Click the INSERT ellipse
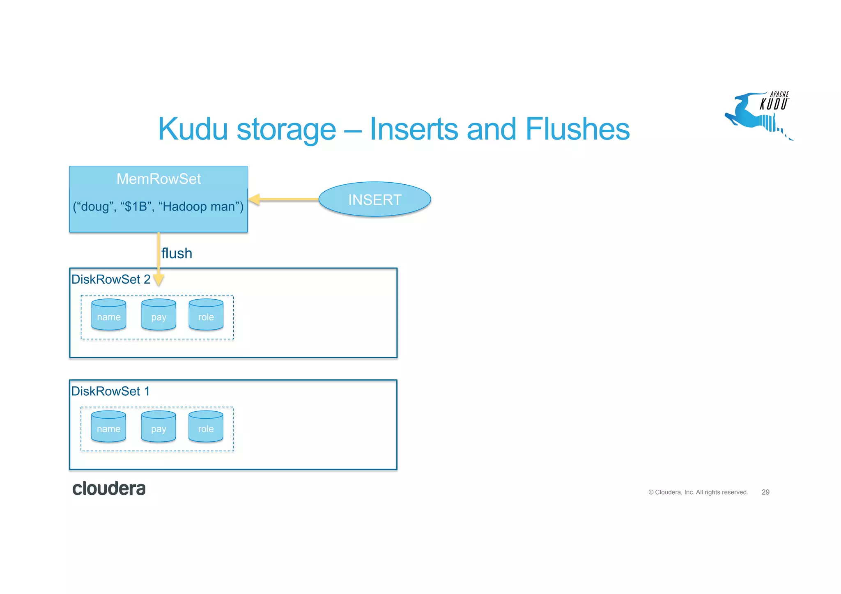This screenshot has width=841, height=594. click(x=375, y=200)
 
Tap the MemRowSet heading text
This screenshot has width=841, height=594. click(x=159, y=179)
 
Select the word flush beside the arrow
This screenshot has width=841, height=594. click(x=177, y=253)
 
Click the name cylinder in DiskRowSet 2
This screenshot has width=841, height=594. click(x=109, y=315)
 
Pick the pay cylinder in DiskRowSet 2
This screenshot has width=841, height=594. click(x=159, y=315)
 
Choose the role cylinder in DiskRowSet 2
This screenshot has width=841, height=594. click(x=206, y=315)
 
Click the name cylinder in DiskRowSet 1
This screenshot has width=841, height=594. click(x=108, y=427)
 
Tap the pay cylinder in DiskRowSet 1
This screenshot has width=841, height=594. click(x=159, y=427)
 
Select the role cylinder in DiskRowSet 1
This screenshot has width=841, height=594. click(x=206, y=427)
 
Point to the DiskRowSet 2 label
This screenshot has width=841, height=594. click(x=111, y=279)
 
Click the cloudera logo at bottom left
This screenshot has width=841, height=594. click(x=109, y=489)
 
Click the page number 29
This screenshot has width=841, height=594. click(x=765, y=492)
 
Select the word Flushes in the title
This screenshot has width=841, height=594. click(x=577, y=129)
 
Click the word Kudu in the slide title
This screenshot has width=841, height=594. click(x=193, y=129)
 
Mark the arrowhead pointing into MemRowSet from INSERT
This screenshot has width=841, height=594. click(x=255, y=200)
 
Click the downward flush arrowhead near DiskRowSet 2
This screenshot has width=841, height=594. click(x=159, y=280)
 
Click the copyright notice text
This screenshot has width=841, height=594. click(x=698, y=492)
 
